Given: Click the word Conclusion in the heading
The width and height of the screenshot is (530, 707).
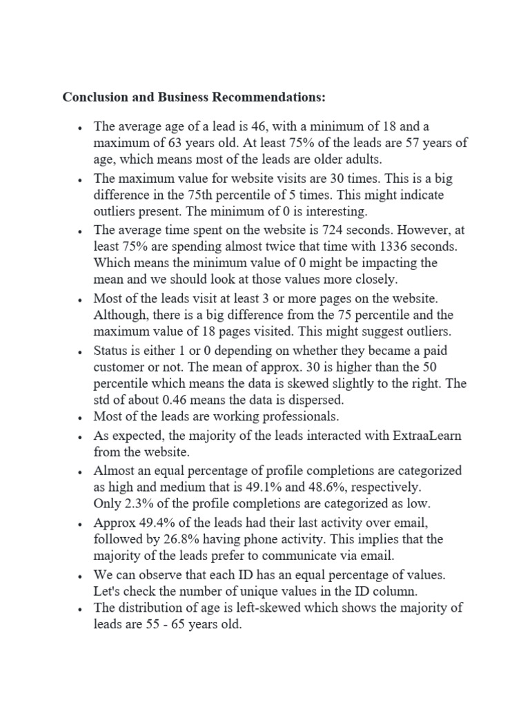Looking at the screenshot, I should click(95, 97).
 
